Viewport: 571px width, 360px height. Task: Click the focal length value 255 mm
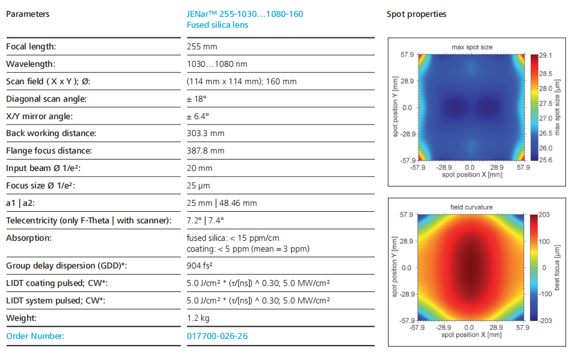click(202, 46)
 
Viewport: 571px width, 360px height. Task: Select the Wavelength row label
click(31, 64)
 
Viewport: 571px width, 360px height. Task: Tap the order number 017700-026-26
click(217, 336)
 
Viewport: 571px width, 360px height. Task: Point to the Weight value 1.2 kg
click(198, 318)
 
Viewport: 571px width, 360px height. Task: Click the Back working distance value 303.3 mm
click(205, 133)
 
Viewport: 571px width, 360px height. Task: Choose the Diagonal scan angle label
click(46, 99)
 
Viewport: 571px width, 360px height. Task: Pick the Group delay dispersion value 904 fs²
click(199, 265)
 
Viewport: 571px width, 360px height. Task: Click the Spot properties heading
click(416, 14)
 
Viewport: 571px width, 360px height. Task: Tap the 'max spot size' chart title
click(472, 47)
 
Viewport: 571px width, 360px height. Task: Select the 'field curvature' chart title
click(471, 207)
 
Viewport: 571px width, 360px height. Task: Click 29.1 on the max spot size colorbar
click(546, 55)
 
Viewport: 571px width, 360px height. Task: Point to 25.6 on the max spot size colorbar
click(546, 160)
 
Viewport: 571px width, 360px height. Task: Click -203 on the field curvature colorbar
click(545, 321)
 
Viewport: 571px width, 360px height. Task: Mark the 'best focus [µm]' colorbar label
click(557, 268)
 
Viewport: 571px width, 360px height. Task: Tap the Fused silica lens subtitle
click(217, 25)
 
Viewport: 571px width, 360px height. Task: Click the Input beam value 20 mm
click(199, 168)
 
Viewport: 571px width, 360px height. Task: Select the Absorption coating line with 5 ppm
click(248, 249)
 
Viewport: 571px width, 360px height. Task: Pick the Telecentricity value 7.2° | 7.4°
click(205, 220)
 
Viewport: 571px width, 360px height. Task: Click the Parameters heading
click(28, 14)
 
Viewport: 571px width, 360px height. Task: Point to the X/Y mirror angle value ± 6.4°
click(198, 116)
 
